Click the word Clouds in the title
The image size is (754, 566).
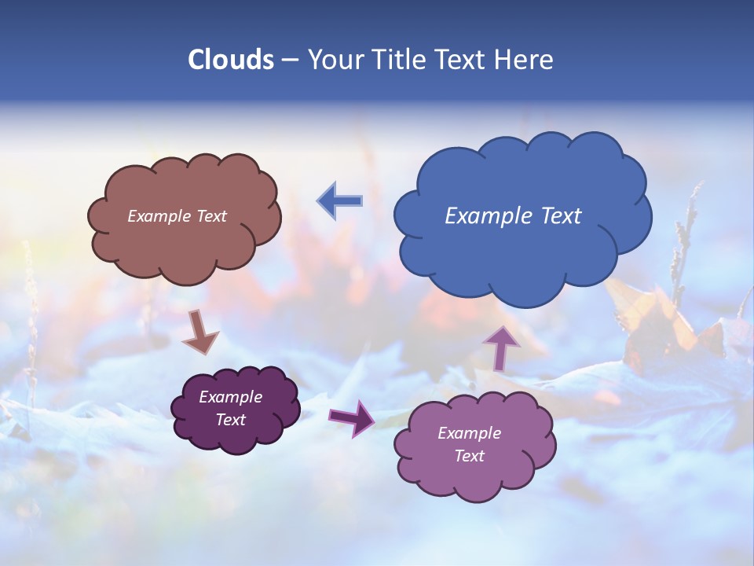point(231,60)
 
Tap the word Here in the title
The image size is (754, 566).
point(525,60)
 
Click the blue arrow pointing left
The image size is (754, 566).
point(339,201)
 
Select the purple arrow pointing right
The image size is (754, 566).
point(353,418)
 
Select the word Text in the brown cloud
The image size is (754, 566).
point(210,216)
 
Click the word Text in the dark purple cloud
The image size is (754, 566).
point(231,420)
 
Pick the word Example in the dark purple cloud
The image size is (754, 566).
point(231,397)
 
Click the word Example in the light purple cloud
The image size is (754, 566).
point(469,433)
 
